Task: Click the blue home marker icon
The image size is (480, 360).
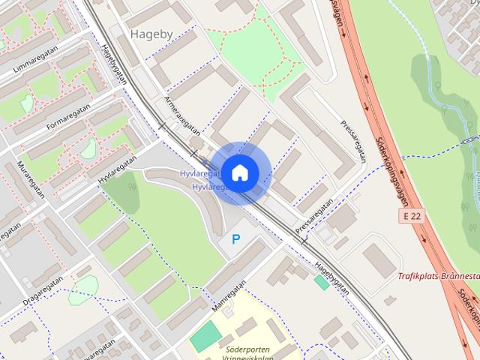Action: pos(239,172)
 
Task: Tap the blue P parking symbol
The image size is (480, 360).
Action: pos(236,240)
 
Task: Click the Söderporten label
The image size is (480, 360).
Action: pos(247,349)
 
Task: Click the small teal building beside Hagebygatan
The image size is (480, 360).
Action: pos(321,282)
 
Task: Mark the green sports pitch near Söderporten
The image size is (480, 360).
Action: pos(205,335)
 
